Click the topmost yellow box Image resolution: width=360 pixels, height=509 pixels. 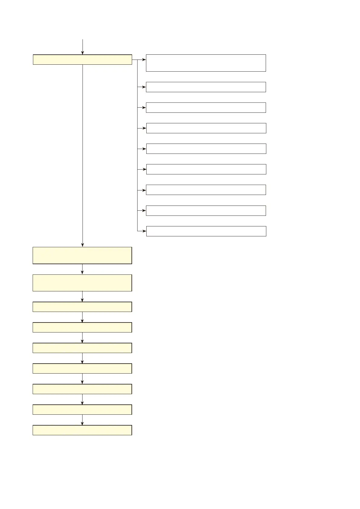point(82,60)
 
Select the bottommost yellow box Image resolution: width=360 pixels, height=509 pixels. point(82,430)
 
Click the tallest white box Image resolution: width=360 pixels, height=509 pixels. point(206,63)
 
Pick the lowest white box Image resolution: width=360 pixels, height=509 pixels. point(206,231)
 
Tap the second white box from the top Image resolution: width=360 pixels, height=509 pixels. point(206,87)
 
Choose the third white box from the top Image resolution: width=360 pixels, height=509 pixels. point(206,108)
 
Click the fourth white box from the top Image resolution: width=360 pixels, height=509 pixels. point(206,128)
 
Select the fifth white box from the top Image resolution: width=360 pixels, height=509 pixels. point(206,149)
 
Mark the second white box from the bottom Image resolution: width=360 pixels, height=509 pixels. point(206,211)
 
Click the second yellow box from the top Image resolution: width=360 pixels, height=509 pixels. point(82,255)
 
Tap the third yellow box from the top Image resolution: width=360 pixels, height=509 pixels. point(82,283)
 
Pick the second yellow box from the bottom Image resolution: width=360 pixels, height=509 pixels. point(82,410)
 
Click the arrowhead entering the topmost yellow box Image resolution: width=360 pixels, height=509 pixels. point(83,53)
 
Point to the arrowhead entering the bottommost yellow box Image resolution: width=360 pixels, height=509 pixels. point(82,423)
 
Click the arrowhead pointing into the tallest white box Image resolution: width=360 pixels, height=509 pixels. point(144,60)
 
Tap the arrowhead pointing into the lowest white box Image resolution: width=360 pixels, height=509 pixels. point(144,231)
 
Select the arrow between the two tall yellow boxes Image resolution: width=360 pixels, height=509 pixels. point(82,269)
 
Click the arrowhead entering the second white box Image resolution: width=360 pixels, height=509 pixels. point(144,87)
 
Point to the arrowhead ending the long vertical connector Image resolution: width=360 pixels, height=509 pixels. point(83,245)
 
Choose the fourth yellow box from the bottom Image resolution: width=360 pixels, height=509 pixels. point(82,368)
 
